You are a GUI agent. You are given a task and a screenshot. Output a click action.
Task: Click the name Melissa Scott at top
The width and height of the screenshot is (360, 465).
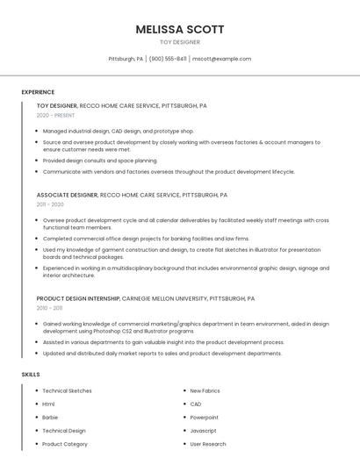179,29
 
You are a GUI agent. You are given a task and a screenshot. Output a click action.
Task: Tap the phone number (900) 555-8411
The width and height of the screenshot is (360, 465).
168,59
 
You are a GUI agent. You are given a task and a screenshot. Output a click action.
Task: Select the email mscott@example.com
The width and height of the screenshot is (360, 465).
221,59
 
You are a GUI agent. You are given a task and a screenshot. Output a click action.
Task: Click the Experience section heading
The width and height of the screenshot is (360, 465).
38,92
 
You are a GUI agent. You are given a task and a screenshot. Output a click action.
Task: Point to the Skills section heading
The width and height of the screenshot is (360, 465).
31,375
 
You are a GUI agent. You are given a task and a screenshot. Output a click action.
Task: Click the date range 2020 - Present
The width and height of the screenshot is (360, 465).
55,115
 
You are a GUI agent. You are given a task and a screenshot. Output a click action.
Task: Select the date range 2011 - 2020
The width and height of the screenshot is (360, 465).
50,204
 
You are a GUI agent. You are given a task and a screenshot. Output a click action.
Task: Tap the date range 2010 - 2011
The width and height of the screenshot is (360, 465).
49,308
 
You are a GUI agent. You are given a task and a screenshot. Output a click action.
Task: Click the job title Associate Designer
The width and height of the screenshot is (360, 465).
67,195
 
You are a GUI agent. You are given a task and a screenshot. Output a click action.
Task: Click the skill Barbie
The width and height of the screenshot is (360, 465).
50,418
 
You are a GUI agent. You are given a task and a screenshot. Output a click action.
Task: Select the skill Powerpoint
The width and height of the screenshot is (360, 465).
204,418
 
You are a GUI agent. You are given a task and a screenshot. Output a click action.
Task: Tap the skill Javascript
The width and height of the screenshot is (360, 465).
203,431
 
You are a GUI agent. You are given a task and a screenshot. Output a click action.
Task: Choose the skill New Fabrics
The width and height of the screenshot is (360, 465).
205,390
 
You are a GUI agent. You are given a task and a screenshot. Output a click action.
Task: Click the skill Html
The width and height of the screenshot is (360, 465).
48,404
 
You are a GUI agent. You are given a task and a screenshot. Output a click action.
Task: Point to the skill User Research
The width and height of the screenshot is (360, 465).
208,444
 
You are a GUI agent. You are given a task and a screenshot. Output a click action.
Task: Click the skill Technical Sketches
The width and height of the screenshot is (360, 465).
67,390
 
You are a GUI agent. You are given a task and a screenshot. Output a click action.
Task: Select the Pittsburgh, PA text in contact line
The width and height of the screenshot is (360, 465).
126,59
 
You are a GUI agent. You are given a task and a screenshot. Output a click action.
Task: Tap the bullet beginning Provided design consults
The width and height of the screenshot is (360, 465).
100,161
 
